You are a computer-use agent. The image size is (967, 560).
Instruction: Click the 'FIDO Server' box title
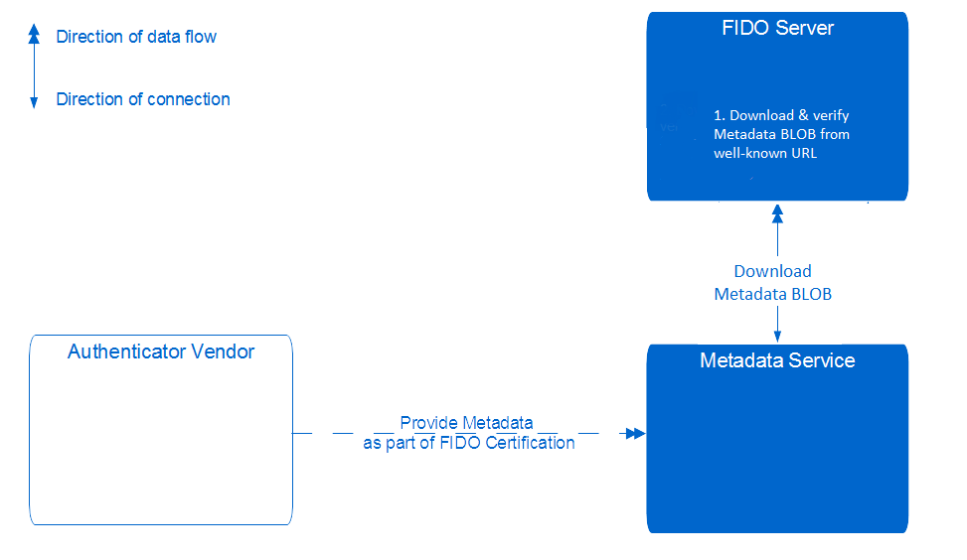(777, 28)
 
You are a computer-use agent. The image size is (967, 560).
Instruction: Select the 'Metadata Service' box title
(777, 360)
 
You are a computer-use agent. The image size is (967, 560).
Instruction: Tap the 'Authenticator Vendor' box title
(161, 351)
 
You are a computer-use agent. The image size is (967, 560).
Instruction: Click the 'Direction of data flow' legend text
(136, 37)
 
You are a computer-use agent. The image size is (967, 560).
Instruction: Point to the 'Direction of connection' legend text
(143, 99)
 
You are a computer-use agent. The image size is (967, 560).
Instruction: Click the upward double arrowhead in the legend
(34, 35)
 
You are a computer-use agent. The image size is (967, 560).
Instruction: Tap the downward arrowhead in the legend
(34, 101)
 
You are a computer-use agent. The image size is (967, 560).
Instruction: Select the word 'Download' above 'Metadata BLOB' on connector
(772, 271)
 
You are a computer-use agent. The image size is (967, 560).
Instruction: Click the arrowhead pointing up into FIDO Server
(777, 212)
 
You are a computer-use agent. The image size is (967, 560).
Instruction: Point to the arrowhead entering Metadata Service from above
(777, 337)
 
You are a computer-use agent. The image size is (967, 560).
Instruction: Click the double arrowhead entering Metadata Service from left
(633, 433)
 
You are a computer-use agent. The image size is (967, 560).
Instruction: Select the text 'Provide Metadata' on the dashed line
(466, 423)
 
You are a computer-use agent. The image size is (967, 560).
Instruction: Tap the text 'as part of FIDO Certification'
(468, 443)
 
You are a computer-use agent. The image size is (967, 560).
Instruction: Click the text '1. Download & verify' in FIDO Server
(781, 115)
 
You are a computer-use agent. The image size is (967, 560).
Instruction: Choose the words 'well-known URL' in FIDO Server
(765, 153)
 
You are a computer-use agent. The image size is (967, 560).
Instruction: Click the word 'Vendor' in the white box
(224, 351)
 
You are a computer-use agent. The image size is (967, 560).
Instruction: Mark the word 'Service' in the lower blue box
(822, 360)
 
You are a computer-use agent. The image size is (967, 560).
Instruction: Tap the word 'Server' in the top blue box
(805, 28)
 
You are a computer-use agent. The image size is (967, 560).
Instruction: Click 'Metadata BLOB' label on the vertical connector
(772, 294)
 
